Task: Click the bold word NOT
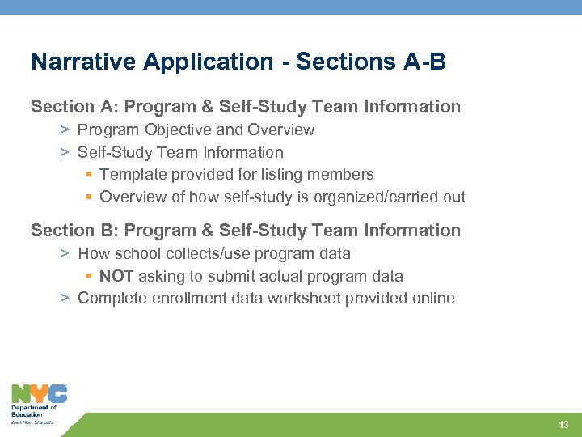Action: pos(117,276)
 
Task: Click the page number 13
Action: pos(563,425)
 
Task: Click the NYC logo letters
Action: pos(39,394)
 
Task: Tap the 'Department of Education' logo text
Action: pos(33,411)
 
